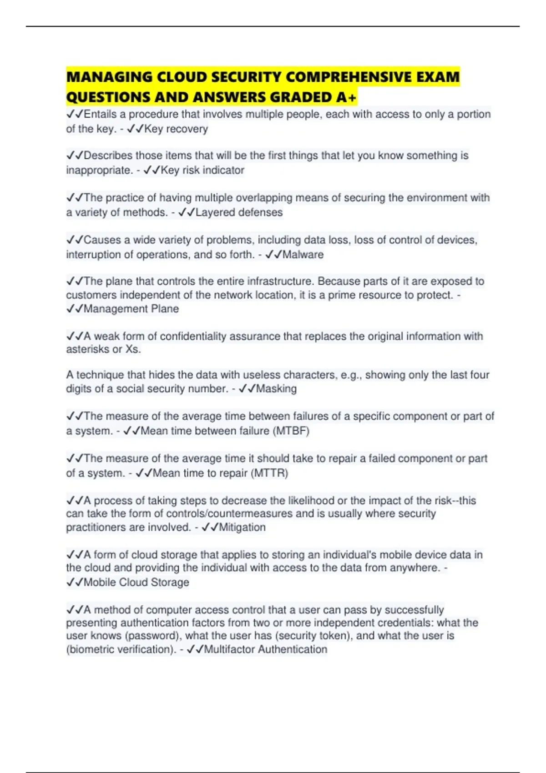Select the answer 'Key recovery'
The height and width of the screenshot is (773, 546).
coord(176,129)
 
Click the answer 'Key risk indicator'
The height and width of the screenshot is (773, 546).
coord(202,171)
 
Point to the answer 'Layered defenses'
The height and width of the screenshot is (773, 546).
coord(239,212)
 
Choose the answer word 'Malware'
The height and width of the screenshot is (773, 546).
coord(303,255)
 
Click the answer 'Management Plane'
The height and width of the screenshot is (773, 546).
coord(131,309)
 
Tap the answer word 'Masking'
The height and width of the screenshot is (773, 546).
coord(276,389)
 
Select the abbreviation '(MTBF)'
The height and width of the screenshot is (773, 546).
coord(291,431)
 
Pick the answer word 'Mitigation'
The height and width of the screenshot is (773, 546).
coord(242,527)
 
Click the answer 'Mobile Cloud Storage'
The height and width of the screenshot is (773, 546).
coord(136,582)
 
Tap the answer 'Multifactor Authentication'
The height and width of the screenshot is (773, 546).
coord(265,649)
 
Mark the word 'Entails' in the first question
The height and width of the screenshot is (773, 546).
coord(100,114)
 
